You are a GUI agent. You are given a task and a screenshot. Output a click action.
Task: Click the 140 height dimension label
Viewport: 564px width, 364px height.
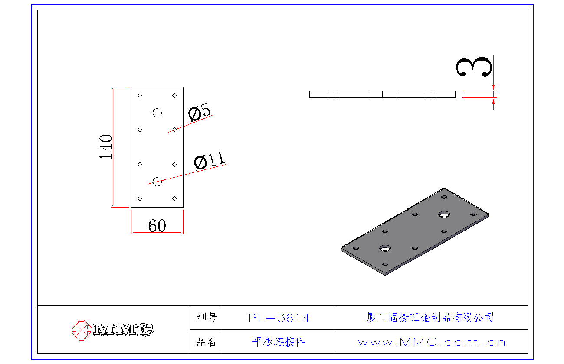click(106, 147)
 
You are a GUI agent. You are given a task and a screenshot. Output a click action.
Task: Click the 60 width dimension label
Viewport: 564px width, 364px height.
click(157, 225)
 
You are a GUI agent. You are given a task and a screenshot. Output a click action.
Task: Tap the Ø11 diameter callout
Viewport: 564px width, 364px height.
click(210, 162)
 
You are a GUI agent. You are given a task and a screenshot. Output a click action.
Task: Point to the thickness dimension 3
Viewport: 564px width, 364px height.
click(474, 67)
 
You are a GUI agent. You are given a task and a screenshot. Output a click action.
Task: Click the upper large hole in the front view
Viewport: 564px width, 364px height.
click(157, 113)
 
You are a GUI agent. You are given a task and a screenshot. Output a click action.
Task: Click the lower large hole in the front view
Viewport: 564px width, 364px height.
click(157, 182)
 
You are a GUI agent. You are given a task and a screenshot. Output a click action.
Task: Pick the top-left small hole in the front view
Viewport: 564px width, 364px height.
click(140, 95)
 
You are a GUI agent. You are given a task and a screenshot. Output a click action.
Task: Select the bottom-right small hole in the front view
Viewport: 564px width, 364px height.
click(174, 198)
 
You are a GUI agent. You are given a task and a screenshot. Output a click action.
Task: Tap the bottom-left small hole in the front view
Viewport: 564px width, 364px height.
click(140, 198)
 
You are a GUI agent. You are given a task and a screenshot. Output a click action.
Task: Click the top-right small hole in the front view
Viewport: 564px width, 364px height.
click(174, 95)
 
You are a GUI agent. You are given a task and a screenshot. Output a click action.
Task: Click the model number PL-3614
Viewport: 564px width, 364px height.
click(279, 318)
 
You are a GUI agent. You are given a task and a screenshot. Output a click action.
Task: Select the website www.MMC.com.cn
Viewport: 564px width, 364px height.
click(432, 342)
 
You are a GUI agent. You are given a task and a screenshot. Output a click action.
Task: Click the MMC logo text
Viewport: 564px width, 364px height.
click(123, 330)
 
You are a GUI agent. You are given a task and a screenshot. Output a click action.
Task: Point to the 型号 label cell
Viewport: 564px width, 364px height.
click(206, 318)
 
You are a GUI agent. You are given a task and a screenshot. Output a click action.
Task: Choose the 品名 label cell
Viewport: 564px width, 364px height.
click(206, 342)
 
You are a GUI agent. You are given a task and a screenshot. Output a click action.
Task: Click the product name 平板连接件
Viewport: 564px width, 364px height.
click(279, 342)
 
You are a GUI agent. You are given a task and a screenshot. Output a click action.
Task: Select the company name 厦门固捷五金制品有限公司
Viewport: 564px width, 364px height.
click(430, 318)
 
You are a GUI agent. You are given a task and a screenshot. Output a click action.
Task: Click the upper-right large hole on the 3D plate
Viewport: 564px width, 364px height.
click(444, 214)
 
